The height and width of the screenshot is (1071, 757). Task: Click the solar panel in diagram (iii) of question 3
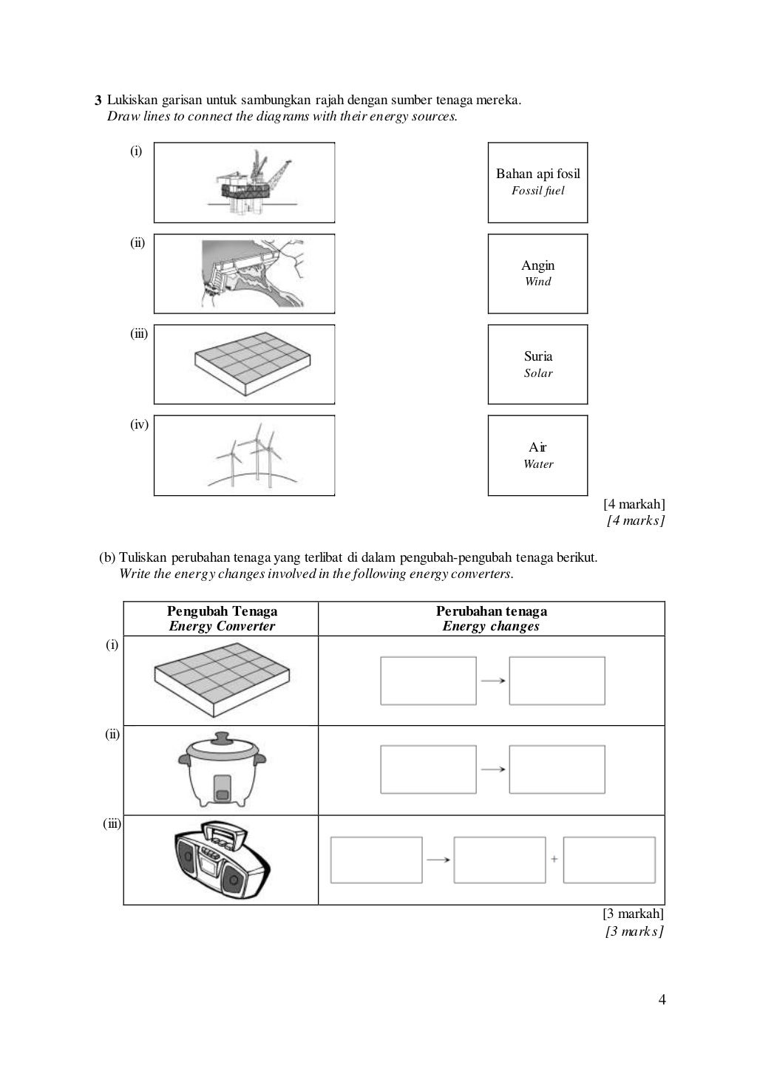251,364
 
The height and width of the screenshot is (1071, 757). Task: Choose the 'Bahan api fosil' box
537,182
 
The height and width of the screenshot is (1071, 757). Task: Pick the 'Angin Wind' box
537,273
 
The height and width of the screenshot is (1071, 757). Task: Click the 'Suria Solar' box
537,364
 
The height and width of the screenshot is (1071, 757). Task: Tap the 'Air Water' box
537,455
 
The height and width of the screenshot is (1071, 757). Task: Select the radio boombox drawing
223,859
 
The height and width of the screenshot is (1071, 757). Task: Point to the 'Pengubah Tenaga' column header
222,619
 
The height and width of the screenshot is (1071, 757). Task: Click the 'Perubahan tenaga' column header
491,619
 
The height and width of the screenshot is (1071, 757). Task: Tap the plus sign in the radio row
554,859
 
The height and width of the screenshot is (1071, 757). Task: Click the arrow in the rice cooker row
492,769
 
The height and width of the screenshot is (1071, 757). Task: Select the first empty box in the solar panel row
428,680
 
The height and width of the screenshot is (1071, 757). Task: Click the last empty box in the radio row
609,859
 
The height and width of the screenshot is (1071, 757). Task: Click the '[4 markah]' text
634,504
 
